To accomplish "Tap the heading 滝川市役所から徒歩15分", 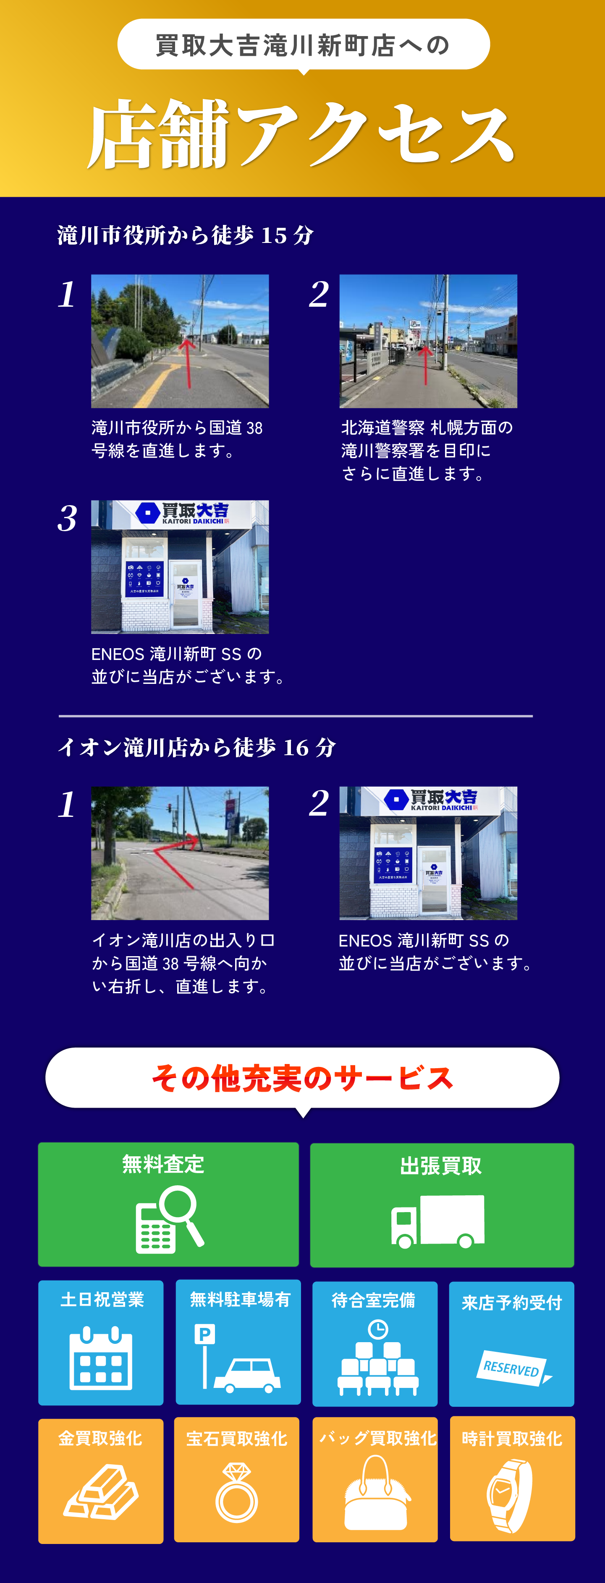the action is click(186, 235).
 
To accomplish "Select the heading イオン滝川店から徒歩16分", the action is click(197, 747).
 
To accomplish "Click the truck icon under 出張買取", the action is click(438, 1222).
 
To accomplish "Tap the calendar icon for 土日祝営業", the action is click(101, 1359).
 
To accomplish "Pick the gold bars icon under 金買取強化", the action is click(101, 1492).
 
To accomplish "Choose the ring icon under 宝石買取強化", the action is click(237, 1493).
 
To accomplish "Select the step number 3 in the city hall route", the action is click(68, 518).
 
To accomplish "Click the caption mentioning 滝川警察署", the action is click(427, 451).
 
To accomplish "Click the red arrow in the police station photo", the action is click(425, 365).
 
